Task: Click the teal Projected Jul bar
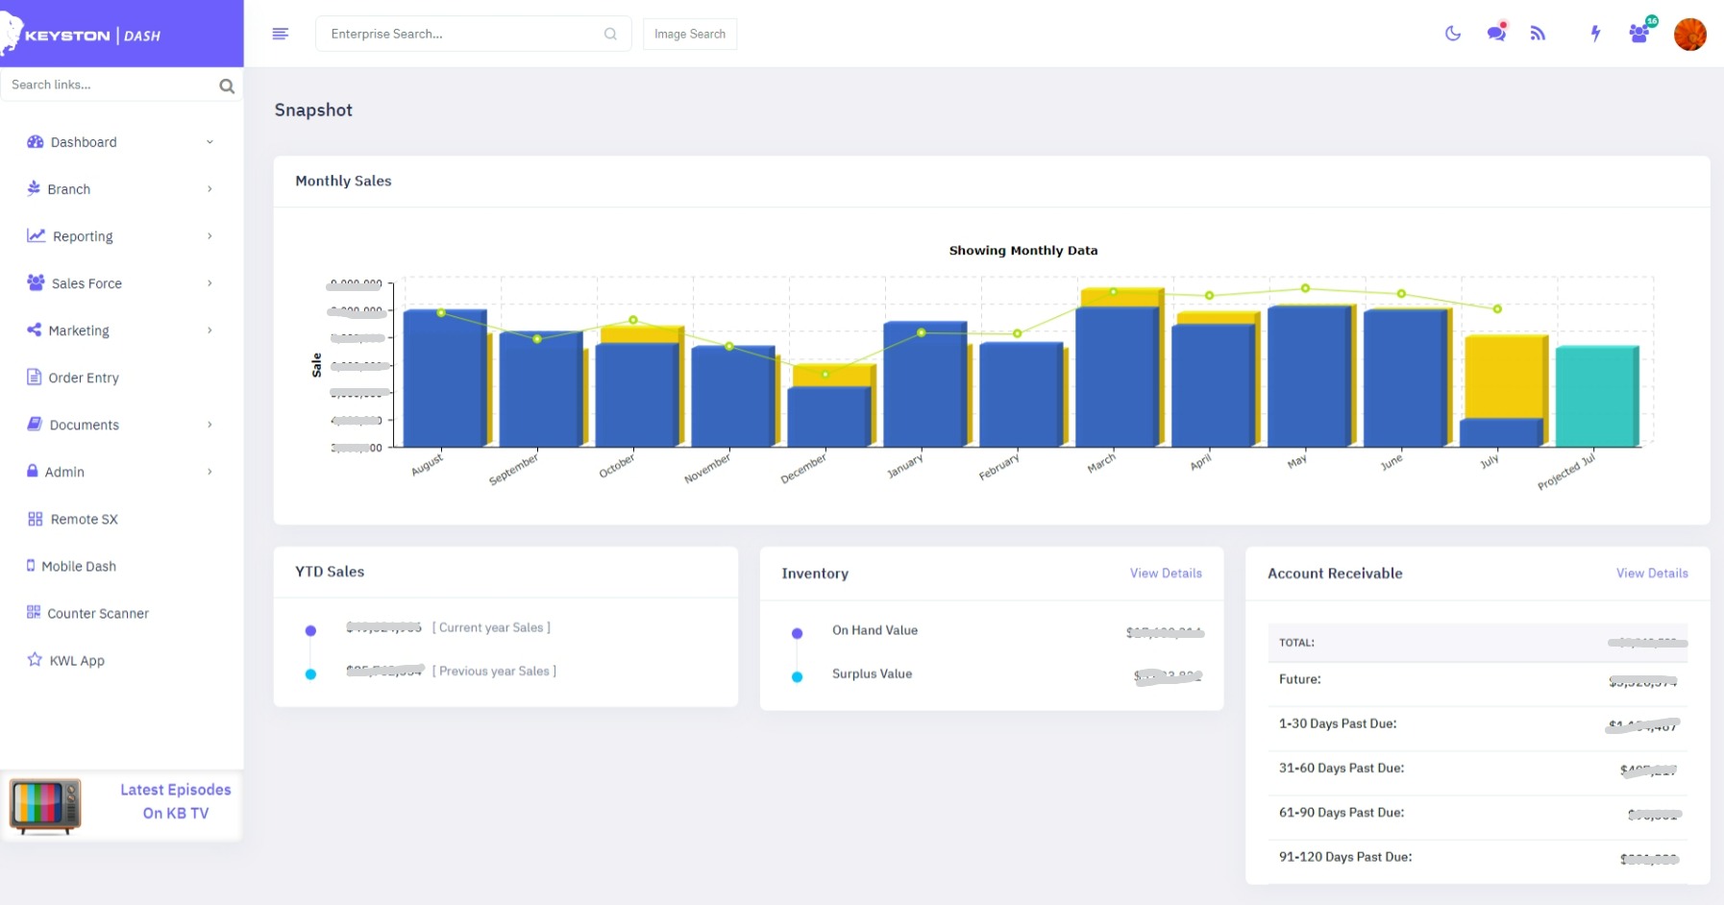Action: pyautogui.click(x=1595, y=397)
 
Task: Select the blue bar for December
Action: pyautogui.click(x=828, y=416)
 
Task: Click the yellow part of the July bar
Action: pyautogui.click(x=1504, y=377)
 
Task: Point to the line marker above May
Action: pyautogui.click(x=1305, y=288)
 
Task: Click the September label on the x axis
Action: pyautogui.click(x=514, y=469)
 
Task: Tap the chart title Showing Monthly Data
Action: pyautogui.click(x=1022, y=251)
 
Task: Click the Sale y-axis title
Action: pyautogui.click(x=317, y=364)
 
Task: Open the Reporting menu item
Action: pyautogui.click(x=83, y=236)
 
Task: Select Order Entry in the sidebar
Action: pyautogui.click(x=84, y=378)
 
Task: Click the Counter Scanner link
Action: pyautogui.click(x=98, y=613)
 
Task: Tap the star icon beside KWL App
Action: pyautogui.click(x=35, y=659)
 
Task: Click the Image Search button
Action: pyautogui.click(x=689, y=34)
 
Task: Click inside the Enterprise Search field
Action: pyautogui.click(x=461, y=34)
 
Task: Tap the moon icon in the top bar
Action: pyautogui.click(x=1452, y=34)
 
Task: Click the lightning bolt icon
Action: pyautogui.click(x=1595, y=34)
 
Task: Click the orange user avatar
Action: pyautogui.click(x=1689, y=35)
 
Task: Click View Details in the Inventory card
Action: pyautogui.click(x=1165, y=574)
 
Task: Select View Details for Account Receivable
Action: pyautogui.click(x=1651, y=574)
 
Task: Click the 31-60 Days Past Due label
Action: pyautogui.click(x=1341, y=769)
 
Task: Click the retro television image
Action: pyautogui.click(x=45, y=805)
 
